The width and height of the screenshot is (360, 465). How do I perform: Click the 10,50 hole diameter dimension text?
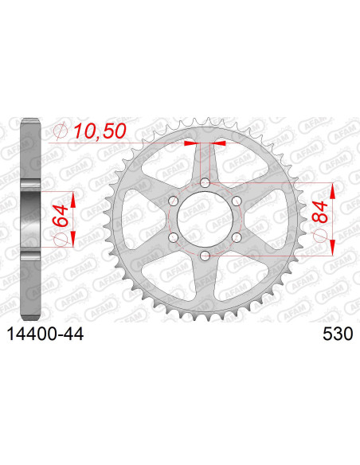(101, 131)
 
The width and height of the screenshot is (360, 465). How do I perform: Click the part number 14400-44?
(47, 338)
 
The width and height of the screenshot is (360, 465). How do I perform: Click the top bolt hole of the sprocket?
(205, 185)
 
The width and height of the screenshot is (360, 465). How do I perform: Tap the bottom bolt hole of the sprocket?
(205, 255)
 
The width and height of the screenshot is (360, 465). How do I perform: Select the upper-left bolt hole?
(174, 202)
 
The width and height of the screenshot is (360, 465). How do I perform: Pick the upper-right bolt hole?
(235, 202)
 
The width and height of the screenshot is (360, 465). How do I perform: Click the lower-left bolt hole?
(174, 237)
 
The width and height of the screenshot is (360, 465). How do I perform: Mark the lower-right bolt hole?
(235, 237)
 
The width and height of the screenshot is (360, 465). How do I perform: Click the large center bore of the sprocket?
(205, 220)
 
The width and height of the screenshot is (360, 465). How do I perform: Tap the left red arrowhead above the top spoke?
(189, 144)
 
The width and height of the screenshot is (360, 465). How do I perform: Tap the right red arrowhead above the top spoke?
(220, 144)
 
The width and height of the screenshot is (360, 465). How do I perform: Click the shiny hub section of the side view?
(29, 220)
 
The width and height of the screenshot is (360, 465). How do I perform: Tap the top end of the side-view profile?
(29, 121)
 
